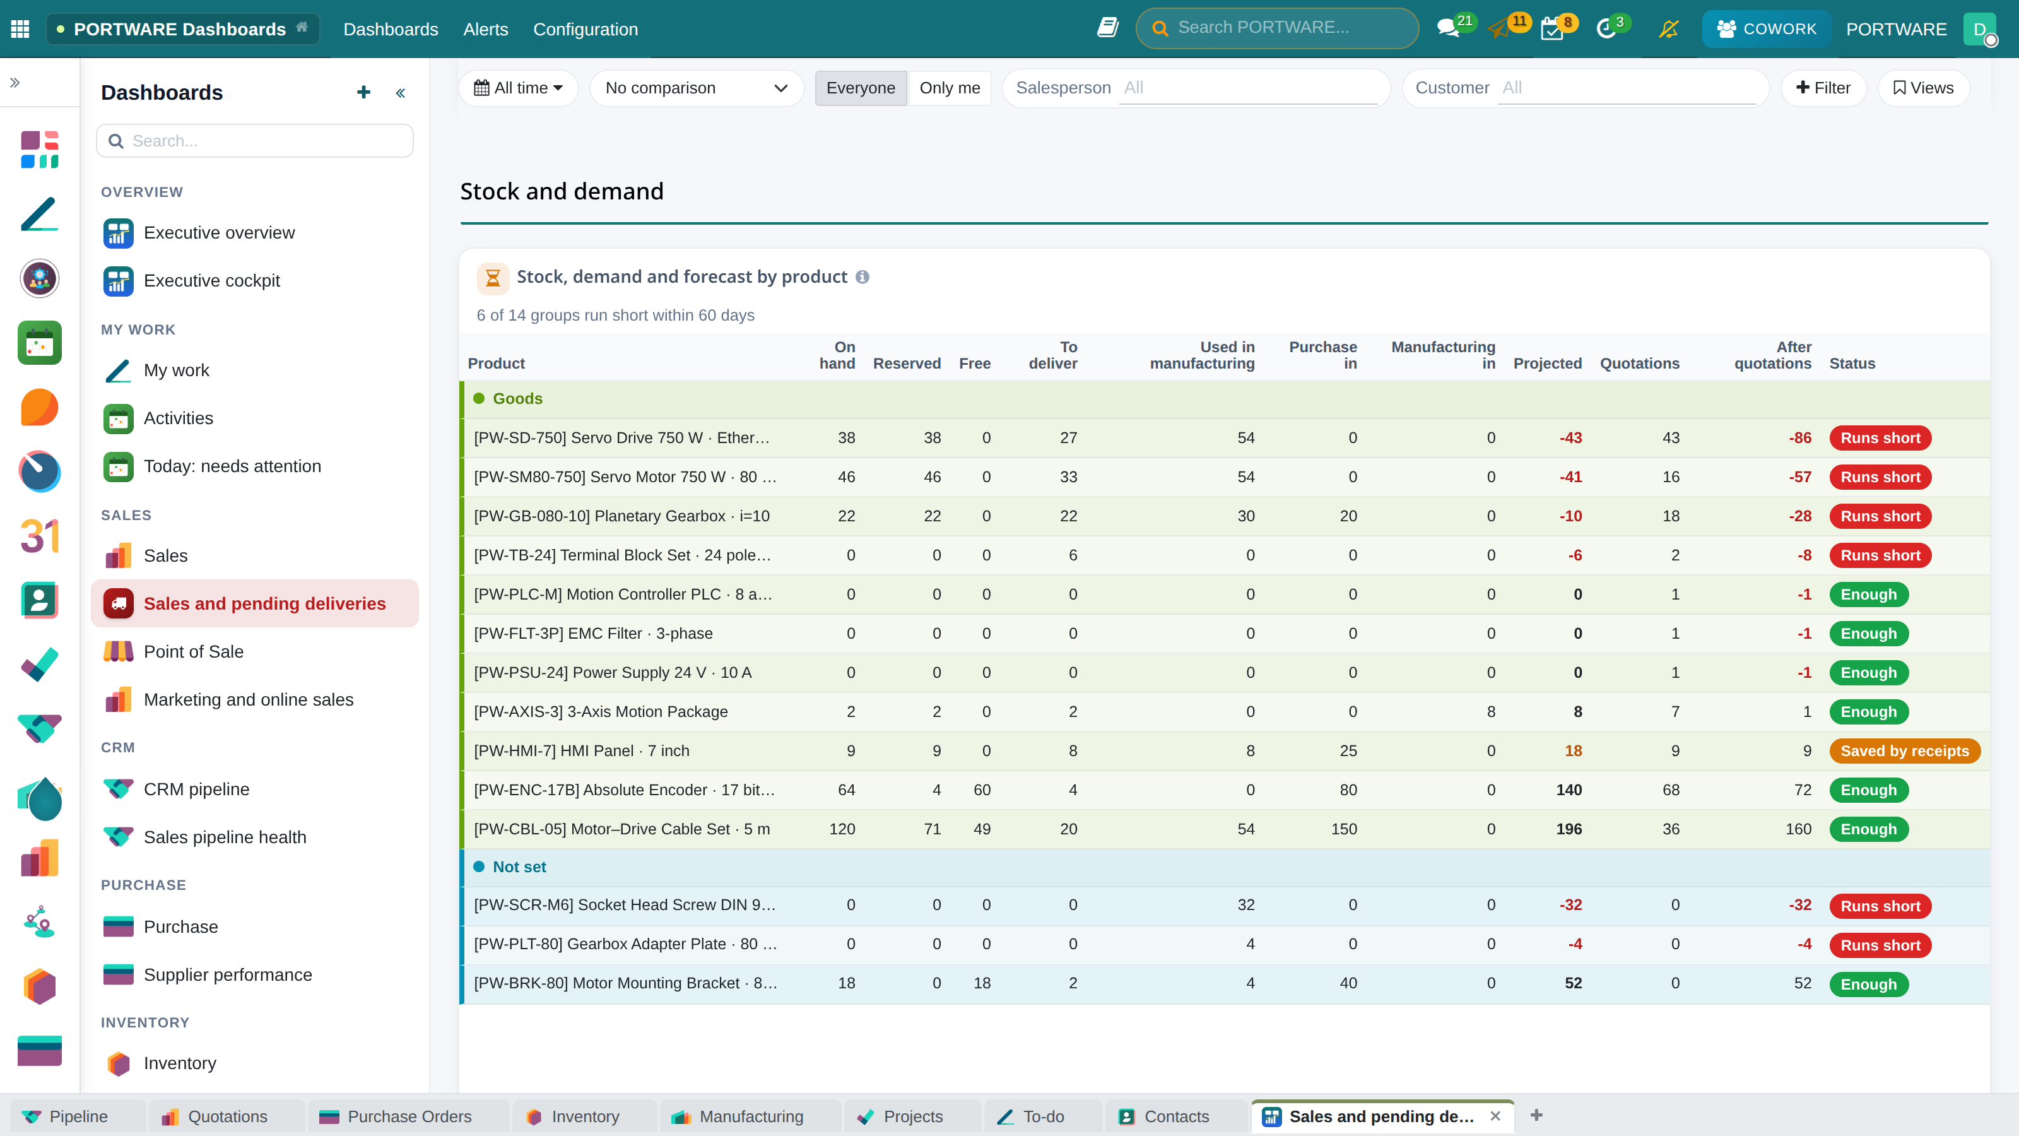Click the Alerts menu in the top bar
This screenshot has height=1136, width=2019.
click(485, 29)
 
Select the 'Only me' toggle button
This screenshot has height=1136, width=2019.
click(949, 88)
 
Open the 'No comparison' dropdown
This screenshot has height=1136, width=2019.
click(696, 88)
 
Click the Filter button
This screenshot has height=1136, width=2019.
click(1823, 88)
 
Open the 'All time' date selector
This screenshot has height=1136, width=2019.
click(518, 88)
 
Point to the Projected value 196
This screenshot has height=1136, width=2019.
click(1569, 829)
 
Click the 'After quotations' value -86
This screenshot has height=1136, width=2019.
click(1799, 437)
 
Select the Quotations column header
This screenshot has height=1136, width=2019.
click(1640, 363)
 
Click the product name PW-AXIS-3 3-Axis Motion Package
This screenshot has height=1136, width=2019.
click(601, 711)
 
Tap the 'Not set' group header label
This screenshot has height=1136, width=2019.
click(519, 867)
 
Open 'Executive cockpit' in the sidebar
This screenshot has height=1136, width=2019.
click(211, 281)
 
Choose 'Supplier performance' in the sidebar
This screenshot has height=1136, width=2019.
click(227, 974)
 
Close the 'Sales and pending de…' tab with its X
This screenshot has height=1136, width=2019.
click(1495, 1116)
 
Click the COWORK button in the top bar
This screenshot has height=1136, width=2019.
click(1766, 29)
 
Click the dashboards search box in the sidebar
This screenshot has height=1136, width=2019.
click(255, 141)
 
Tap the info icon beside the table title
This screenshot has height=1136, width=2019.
click(862, 277)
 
